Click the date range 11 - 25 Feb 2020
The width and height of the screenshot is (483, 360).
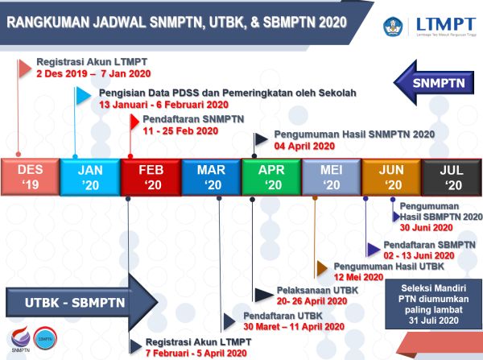(x=180, y=130)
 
